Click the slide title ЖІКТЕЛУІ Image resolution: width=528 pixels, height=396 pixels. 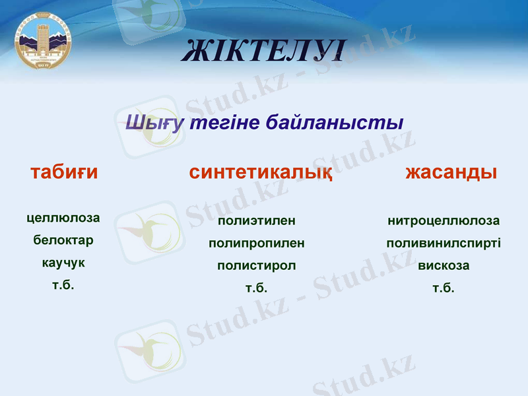263,51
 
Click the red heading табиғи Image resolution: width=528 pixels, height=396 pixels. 64,172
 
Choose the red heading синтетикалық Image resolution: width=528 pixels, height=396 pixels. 260,173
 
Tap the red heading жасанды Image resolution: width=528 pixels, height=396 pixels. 451,172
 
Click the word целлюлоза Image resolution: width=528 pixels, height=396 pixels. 63,218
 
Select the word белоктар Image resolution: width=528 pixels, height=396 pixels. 63,240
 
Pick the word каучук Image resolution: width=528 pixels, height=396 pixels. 63,263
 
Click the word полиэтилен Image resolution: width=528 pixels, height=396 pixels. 257,220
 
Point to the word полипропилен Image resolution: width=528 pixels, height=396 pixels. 257,243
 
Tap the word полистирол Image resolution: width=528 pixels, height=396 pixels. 257,265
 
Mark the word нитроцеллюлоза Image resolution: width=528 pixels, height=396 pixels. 444,220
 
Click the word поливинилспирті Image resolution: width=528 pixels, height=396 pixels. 444,243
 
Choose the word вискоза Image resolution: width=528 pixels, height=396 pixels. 444,265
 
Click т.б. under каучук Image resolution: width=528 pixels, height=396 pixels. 63,285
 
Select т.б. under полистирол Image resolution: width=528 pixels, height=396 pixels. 257,288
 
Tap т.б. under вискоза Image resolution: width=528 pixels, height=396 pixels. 444,288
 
